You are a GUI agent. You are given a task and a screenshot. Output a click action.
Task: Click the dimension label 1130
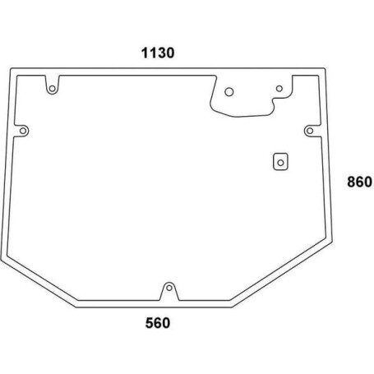pos(158,53)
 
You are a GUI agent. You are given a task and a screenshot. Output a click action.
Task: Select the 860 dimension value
pos(359,182)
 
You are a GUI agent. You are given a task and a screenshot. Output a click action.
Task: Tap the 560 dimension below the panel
pos(158,323)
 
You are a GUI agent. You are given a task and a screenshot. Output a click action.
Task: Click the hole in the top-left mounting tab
pos(52,89)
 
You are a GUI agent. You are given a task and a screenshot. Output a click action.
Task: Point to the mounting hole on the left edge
pos(23,131)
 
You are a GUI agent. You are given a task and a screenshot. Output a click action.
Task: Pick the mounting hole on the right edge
pos(310,131)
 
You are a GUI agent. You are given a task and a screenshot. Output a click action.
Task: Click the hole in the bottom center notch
pos(169,288)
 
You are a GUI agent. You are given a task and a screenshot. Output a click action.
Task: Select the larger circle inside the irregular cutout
pos(229,92)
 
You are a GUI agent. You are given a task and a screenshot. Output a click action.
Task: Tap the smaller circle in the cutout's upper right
pos(279,89)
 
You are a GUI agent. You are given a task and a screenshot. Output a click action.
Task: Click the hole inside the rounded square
pos(280,163)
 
